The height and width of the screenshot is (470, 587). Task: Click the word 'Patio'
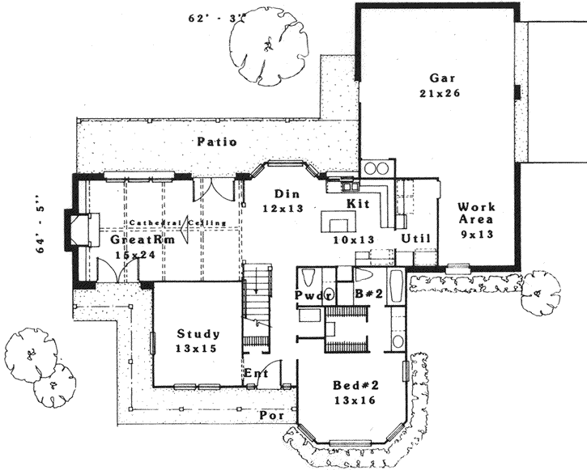click(216, 142)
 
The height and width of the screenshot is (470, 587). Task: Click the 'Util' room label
click(415, 238)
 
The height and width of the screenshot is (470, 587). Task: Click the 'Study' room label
click(198, 333)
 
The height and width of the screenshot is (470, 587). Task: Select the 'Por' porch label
click(269, 415)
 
